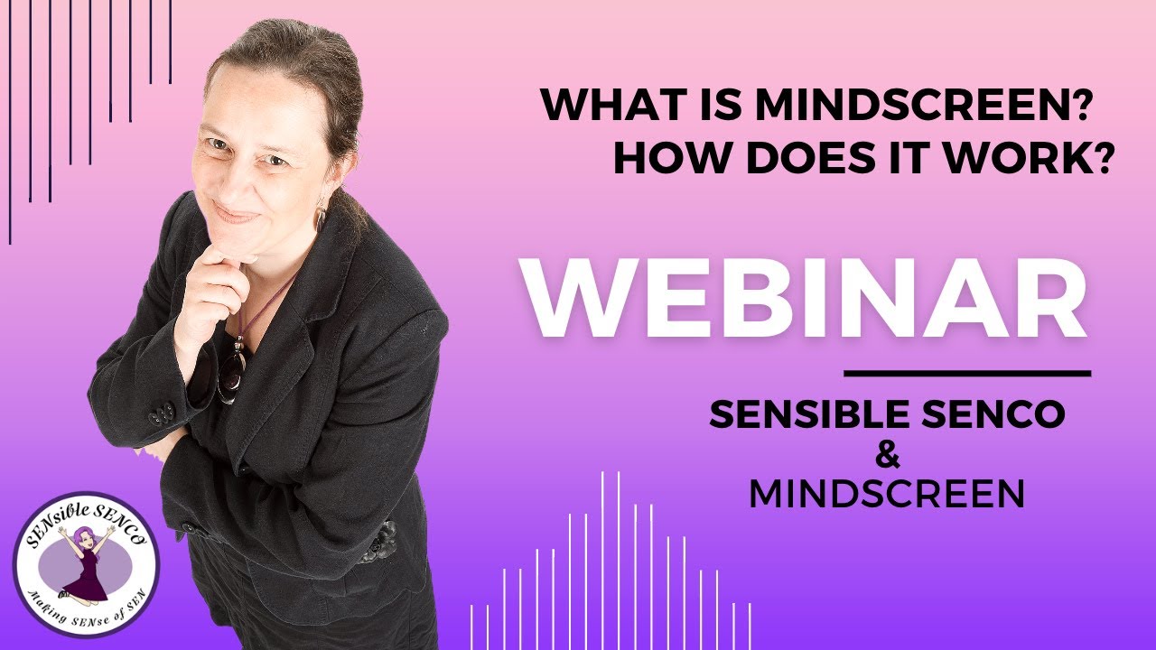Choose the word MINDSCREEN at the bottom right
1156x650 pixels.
pos(887,494)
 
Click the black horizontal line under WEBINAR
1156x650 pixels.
pos(966,372)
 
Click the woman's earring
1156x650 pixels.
pos(320,218)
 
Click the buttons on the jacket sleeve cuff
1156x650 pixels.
pos(163,416)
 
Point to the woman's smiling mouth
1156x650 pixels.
pos(237,215)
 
